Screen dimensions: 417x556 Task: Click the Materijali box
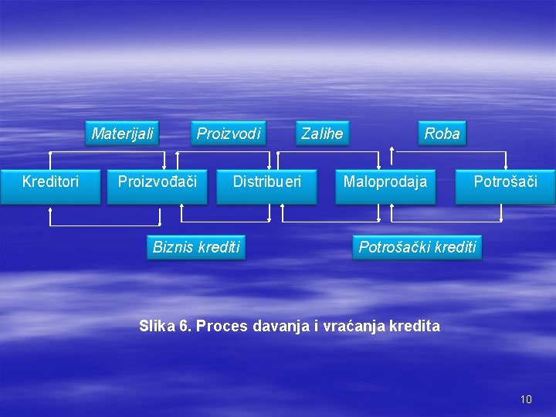coord(123,134)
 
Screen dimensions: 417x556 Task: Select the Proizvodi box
coord(229,134)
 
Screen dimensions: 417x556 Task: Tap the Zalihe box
coord(322,134)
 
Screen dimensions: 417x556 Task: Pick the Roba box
coord(442,134)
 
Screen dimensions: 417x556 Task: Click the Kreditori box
coord(50,182)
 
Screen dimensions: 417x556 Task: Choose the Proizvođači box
coord(157,182)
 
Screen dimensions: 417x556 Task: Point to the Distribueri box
coord(266,182)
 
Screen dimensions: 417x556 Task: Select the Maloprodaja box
coord(385,182)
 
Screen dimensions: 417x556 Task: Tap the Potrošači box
coord(505,182)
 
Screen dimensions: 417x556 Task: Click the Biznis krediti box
coord(196,247)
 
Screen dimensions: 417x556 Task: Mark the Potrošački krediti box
coord(417,247)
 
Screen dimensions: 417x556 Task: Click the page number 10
coord(526,399)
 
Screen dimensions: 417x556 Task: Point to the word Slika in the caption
coord(157,325)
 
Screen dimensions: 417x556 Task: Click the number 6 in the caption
coord(183,325)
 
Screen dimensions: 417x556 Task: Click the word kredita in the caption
coord(415,325)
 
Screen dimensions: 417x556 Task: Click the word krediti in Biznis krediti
coord(219,247)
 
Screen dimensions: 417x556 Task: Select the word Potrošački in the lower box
coord(392,247)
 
